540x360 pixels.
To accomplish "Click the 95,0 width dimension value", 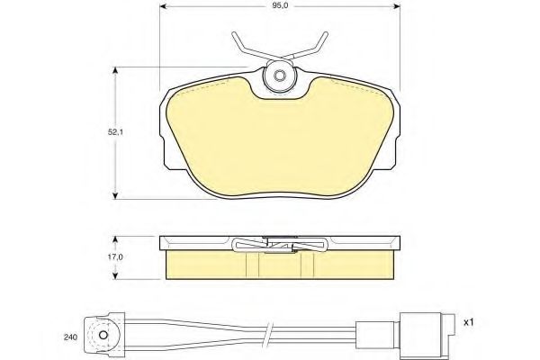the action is click(x=280, y=6).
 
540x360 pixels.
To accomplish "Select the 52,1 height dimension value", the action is click(x=115, y=132).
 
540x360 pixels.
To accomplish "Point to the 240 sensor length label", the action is click(x=70, y=337).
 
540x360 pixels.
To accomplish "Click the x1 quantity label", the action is click(x=469, y=323).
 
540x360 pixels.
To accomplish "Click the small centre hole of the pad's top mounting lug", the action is click(x=278, y=76).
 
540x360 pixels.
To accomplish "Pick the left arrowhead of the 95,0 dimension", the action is click(x=164, y=6).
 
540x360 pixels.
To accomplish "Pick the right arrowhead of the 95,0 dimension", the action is click(x=396, y=6).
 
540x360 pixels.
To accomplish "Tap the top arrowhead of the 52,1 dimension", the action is click(x=116, y=70).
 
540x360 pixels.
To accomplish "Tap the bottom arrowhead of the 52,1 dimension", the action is click(x=116, y=195).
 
